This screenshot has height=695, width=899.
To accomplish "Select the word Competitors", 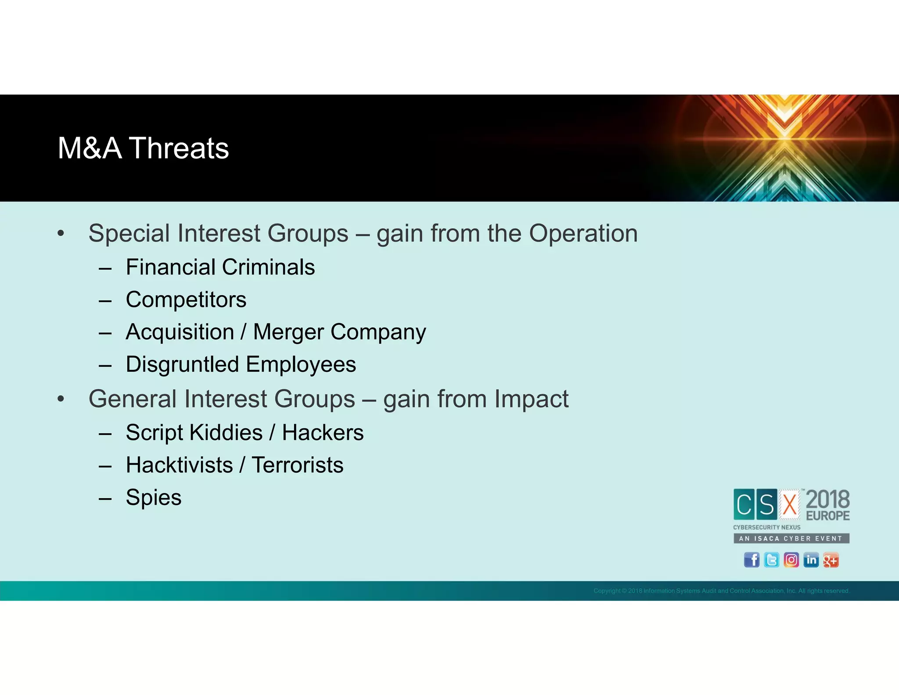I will pos(186,300).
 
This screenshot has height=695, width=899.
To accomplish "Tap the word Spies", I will pos(153,497).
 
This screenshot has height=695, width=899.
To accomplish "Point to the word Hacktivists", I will pos(179,465).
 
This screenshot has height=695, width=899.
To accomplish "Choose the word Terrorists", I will pos(297,465).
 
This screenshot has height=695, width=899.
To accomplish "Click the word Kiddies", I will pos(226,433).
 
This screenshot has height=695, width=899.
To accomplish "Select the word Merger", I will pos(288,332).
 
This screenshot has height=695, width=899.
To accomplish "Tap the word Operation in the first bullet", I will pos(583,233).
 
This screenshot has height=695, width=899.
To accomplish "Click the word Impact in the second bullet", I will pos(531,399).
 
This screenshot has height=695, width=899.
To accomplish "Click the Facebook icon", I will pos(752,560).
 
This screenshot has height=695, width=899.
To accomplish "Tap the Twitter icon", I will pos(771,560).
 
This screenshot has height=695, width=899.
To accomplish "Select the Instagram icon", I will pos(791,560).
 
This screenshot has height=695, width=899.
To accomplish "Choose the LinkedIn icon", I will pos(811,560).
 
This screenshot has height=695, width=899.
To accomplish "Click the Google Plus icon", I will pos(831,560).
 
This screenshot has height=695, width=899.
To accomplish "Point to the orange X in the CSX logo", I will pos(789,504).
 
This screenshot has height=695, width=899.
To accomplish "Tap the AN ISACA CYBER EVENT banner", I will pos(791,538).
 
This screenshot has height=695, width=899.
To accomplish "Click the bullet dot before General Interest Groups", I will pos(61,399).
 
